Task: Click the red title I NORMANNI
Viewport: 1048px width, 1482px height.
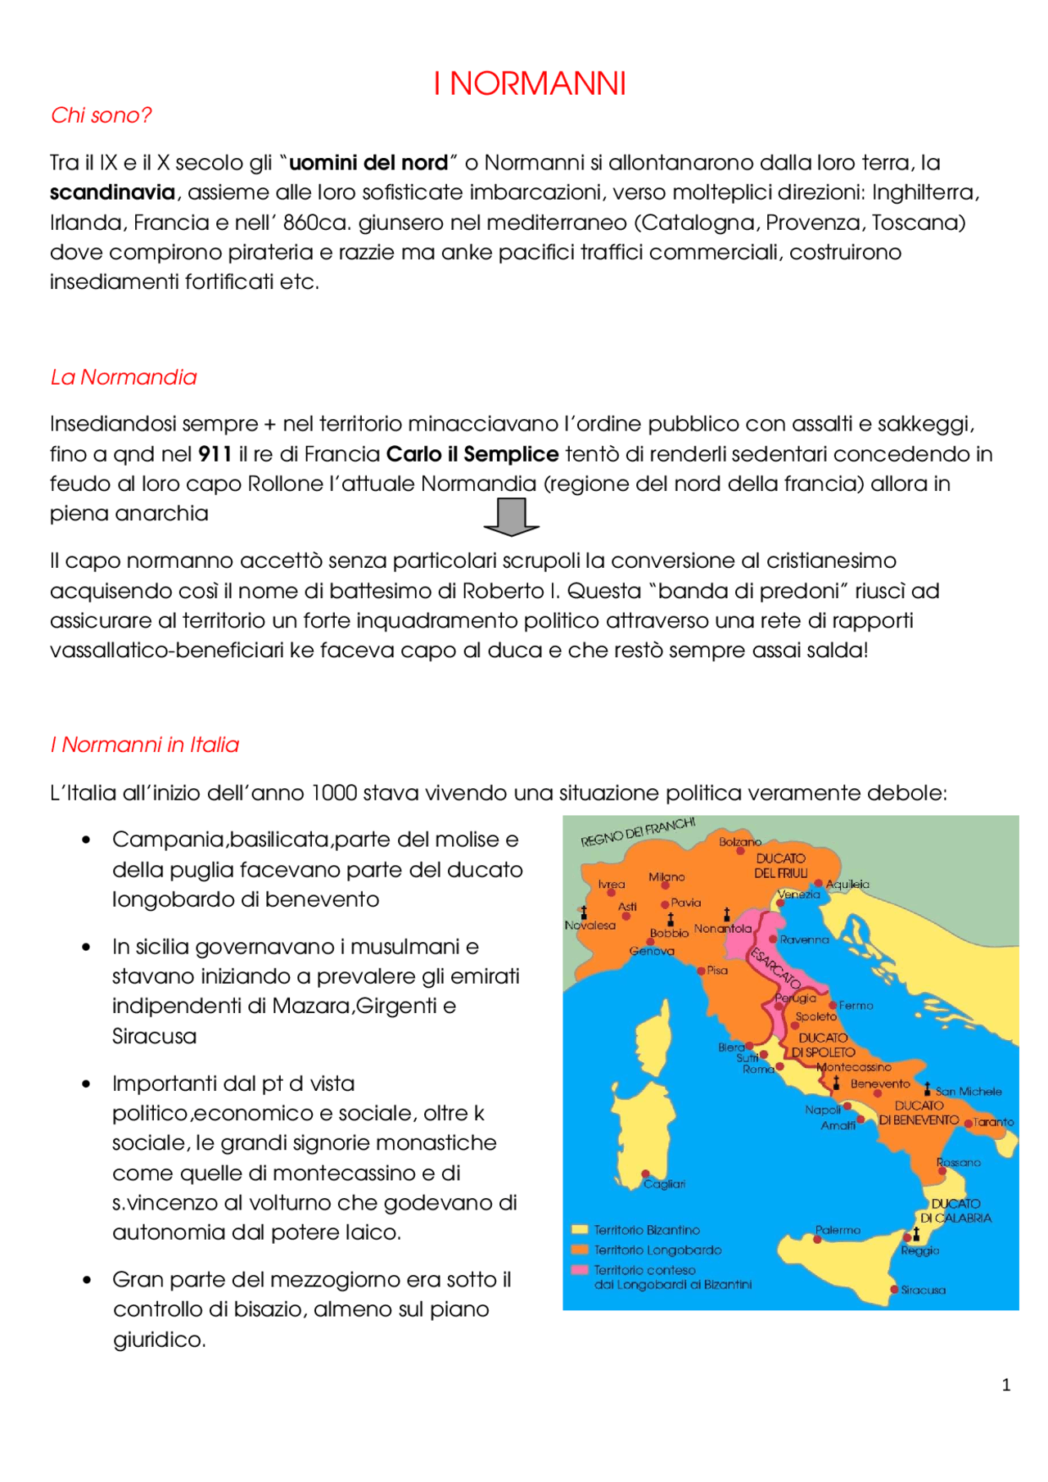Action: [x=529, y=83]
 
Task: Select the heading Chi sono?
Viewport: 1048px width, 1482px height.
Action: [x=101, y=115]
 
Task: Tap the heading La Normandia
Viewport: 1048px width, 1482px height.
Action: [x=124, y=377]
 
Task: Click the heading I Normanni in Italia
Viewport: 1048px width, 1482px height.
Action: [x=145, y=745]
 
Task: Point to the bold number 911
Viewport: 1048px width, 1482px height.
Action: [x=215, y=454]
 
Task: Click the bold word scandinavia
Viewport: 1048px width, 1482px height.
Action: [x=112, y=193]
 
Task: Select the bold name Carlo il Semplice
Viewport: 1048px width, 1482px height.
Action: [x=472, y=454]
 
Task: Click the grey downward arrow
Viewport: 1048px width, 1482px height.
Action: [x=512, y=516]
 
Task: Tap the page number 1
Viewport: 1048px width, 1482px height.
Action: [x=1005, y=1385]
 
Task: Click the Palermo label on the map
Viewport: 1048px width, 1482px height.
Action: [x=838, y=1230]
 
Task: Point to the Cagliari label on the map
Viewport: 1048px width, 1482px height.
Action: [x=664, y=1184]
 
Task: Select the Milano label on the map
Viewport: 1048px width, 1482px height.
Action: [x=666, y=876]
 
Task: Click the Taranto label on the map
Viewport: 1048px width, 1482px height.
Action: [x=993, y=1122]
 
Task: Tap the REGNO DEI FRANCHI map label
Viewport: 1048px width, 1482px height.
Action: [x=638, y=831]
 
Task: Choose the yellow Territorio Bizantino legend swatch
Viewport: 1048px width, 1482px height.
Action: [x=580, y=1229]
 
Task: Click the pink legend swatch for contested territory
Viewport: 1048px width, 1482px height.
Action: [x=580, y=1270]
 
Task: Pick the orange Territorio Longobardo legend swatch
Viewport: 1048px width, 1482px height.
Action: [x=580, y=1250]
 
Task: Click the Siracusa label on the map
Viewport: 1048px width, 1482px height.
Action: [x=923, y=1290]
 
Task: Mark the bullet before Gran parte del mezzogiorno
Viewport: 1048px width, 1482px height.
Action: [x=87, y=1280]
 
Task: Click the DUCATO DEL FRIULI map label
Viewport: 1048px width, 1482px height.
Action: [x=780, y=866]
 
